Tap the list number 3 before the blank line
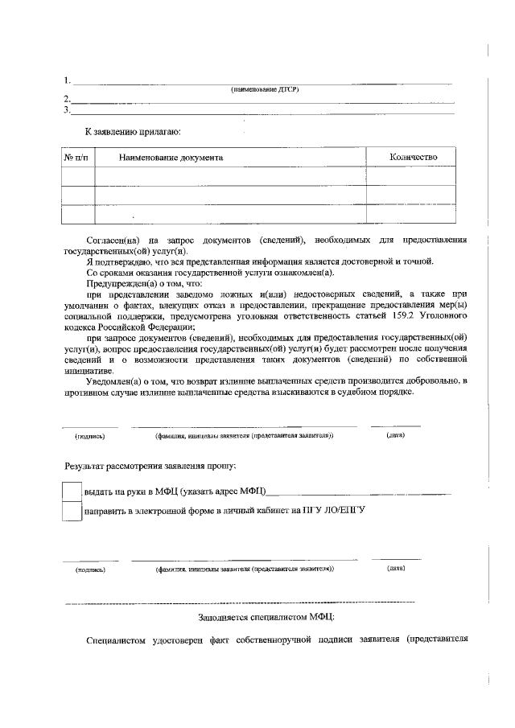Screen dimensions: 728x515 click(x=68, y=110)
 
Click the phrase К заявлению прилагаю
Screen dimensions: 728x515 click(x=133, y=130)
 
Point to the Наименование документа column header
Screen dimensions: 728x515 click(x=171, y=157)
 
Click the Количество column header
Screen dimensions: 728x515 click(x=413, y=157)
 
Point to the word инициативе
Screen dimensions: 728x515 click(x=88, y=370)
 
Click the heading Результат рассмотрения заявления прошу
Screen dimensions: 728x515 click(x=150, y=467)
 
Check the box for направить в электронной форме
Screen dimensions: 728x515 click(x=72, y=511)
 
